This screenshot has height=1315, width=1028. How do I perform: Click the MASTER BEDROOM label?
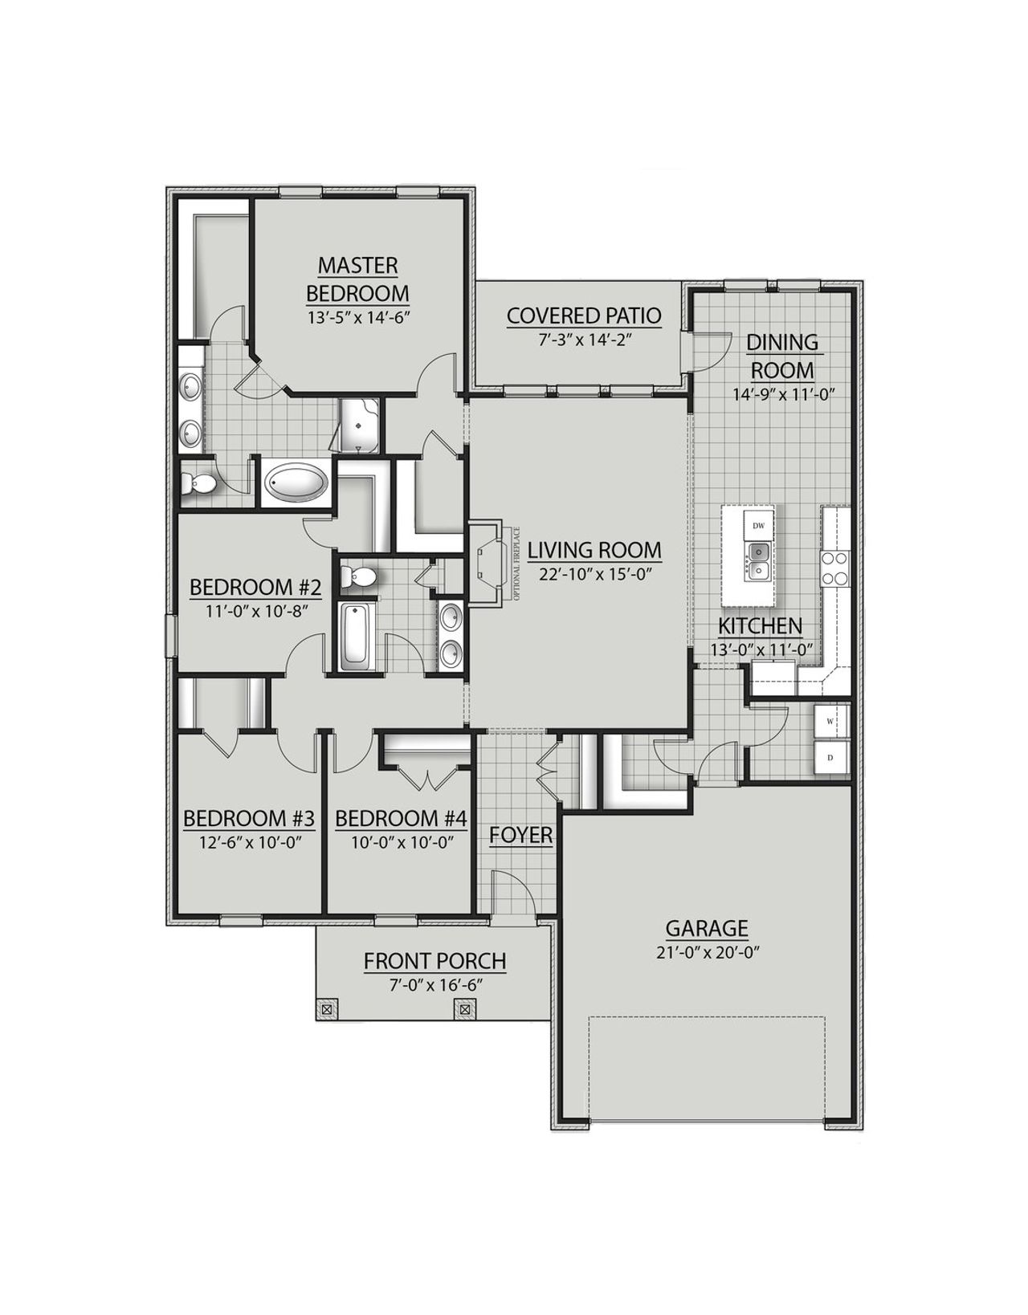click(x=357, y=279)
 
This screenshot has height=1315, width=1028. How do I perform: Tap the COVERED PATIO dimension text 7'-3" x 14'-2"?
click(x=584, y=339)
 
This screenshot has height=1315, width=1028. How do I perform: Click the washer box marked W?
click(x=830, y=721)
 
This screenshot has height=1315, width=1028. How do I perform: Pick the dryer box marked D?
click(x=830, y=757)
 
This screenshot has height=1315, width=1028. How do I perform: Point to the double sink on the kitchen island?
click(x=758, y=561)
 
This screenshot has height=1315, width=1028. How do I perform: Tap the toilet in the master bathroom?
click(x=196, y=483)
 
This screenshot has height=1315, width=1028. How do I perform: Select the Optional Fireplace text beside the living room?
click(x=517, y=564)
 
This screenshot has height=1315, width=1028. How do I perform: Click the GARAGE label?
click(x=707, y=929)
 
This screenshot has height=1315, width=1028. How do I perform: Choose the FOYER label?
click(x=521, y=836)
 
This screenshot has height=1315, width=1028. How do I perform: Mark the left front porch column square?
click(x=327, y=1008)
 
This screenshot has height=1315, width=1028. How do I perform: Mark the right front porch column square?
click(x=465, y=1008)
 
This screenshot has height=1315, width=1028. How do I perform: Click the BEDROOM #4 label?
click(x=401, y=819)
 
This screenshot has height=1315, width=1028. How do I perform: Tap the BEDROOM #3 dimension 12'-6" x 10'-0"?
click(x=248, y=843)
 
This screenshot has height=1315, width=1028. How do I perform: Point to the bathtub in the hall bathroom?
click(x=354, y=637)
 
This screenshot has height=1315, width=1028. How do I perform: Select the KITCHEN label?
click(x=760, y=626)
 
